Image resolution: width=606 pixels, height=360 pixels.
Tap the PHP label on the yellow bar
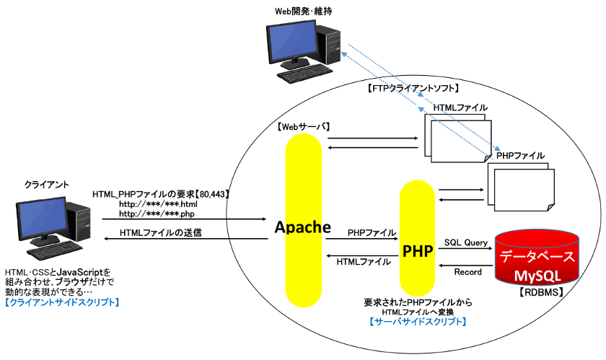pos(419,251)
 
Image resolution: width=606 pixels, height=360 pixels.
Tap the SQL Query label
pos(466,242)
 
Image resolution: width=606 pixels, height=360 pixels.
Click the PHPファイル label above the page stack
pos(520,155)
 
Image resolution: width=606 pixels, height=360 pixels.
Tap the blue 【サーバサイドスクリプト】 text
pos(418,322)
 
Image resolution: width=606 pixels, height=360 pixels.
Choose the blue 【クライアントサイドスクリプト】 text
pos(62,303)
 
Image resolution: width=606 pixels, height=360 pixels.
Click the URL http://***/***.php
pos(157,214)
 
